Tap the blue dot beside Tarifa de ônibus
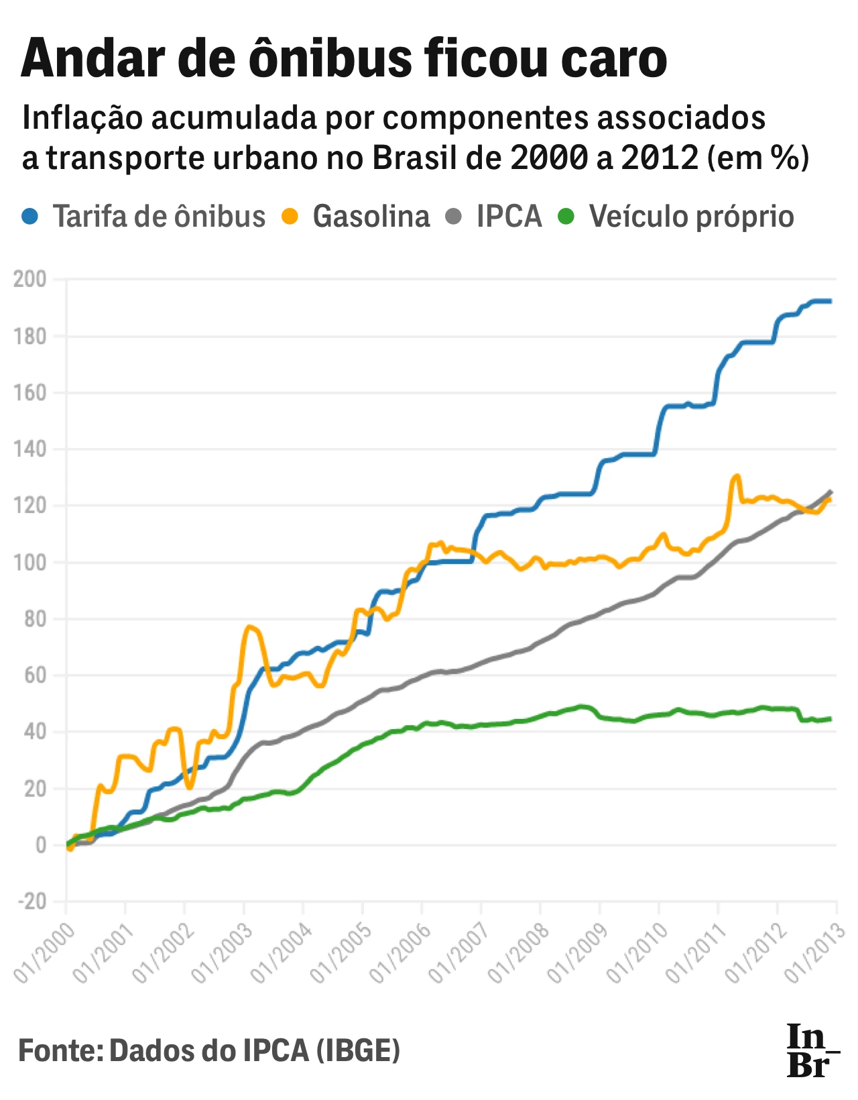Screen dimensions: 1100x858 30,217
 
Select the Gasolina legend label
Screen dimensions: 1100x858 371,217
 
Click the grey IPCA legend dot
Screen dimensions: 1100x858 454,217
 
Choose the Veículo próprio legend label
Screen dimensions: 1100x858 691,217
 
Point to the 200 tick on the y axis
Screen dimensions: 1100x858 30,279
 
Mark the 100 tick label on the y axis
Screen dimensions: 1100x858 30,562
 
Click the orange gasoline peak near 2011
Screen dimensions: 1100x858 737,476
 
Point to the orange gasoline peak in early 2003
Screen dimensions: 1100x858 249,627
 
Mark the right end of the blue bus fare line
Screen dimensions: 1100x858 830,301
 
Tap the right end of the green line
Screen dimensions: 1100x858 830,719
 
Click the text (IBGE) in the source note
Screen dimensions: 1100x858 358,1050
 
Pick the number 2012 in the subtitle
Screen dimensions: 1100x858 660,158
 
